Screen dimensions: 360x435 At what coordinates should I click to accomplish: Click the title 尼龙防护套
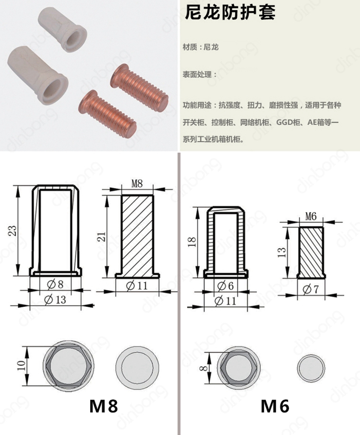click(230, 12)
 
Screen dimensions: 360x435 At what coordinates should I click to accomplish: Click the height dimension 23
click(12, 231)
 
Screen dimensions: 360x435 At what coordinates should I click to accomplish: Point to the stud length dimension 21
click(102, 237)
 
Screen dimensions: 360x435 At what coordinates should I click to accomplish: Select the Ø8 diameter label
click(55, 285)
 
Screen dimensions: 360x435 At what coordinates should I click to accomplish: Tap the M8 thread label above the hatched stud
click(137, 184)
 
